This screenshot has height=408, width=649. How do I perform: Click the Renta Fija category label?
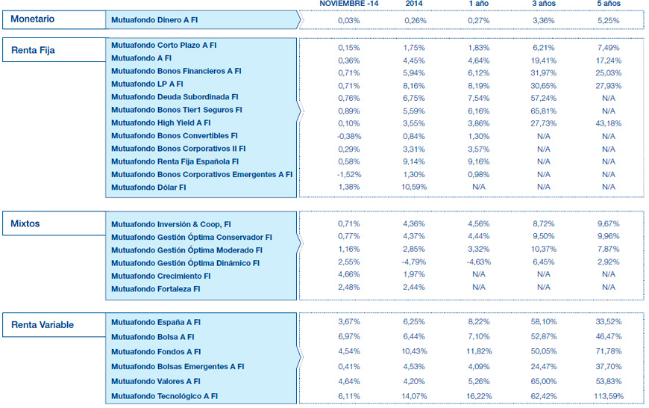pyautogui.click(x=33, y=51)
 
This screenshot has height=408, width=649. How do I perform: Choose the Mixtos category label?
pyautogui.click(x=25, y=223)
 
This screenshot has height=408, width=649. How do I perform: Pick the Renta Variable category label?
pyautogui.click(x=43, y=324)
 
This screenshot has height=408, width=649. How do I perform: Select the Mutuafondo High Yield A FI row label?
pyautogui.click(x=160, y=123)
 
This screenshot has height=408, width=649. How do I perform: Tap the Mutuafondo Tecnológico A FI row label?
pyautogui.click(x=164, y=395)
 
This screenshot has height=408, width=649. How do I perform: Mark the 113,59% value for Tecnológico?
pyautogui.click(x=608, y=395)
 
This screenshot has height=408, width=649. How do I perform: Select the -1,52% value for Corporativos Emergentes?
pyautogui.click(x=348, y=174)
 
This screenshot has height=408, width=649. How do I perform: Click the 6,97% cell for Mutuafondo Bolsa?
pyautogui.click(x=348, y=337)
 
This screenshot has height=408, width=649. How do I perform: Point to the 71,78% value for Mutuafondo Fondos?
pyautogui.click(x=608, y=351)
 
